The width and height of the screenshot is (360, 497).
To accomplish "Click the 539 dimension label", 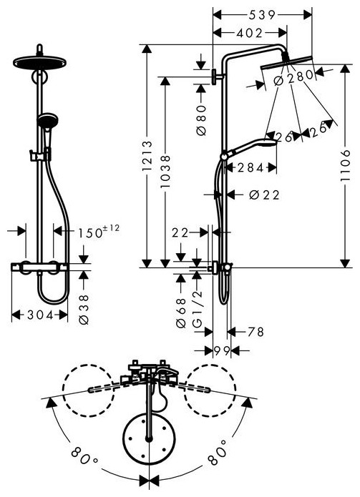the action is click(262, 15).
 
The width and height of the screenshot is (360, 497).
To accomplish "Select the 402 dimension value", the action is click(249, 33).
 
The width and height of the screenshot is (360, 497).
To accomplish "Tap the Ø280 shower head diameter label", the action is click(293, 76).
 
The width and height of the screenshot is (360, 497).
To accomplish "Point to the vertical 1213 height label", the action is click(147, 156).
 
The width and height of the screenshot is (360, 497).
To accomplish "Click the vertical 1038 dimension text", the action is click(165, 171).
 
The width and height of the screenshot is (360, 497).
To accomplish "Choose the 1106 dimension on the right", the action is click(345, 165).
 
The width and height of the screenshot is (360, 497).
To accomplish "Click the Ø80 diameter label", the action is click(201, 120).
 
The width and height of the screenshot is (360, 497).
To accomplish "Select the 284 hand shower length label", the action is click(250, 167).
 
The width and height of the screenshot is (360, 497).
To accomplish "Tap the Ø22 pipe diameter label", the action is click(264, 195).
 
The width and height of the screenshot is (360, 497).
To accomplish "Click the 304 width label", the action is click(40, 315).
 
